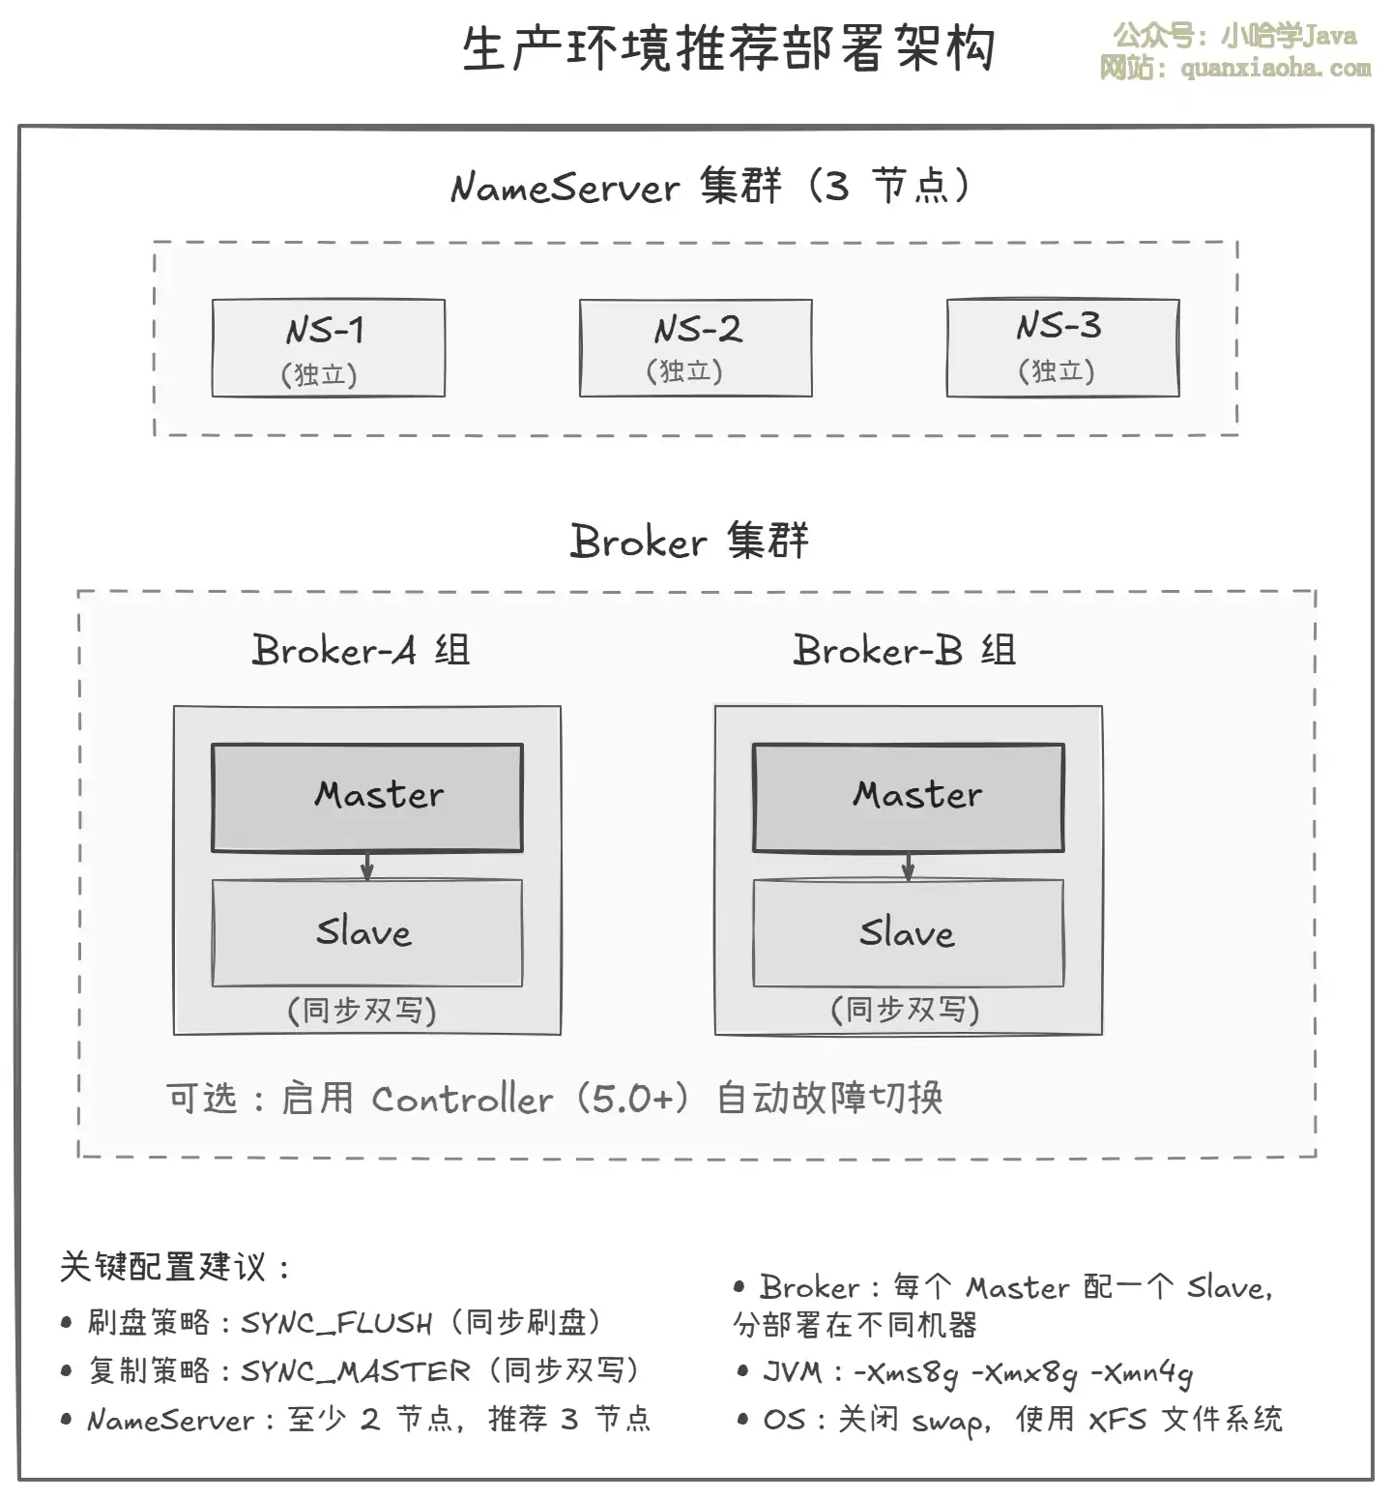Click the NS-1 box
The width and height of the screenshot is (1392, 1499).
coord(328,348)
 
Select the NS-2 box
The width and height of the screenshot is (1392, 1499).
coord(695,348)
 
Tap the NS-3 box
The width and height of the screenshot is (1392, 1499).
coord(1062,348)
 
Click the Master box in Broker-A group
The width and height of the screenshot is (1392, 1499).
coord(367,798)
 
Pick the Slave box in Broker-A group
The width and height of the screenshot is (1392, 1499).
coord(367,933)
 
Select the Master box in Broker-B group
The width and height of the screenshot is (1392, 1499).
coord(909,798)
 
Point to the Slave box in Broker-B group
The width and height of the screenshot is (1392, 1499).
coord(909,933)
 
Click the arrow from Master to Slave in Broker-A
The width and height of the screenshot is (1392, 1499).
coord(367,867)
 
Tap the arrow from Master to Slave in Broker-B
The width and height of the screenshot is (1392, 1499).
coord(909,867)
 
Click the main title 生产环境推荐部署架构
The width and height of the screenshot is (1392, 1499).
coord(729,48)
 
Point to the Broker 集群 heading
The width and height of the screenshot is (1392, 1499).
coord(689,541)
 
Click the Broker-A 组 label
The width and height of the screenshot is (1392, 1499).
coord(361,650)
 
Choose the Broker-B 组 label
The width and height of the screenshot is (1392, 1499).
coord(904,650)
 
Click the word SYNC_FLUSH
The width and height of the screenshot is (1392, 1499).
coord(336,1323)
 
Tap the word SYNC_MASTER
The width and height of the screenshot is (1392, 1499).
coord(355,1371)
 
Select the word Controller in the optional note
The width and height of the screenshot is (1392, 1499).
coord(462,1100)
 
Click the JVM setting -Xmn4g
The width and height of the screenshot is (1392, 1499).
coord(1142,1373)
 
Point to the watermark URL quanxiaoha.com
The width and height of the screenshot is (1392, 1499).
coord(1275,68)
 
